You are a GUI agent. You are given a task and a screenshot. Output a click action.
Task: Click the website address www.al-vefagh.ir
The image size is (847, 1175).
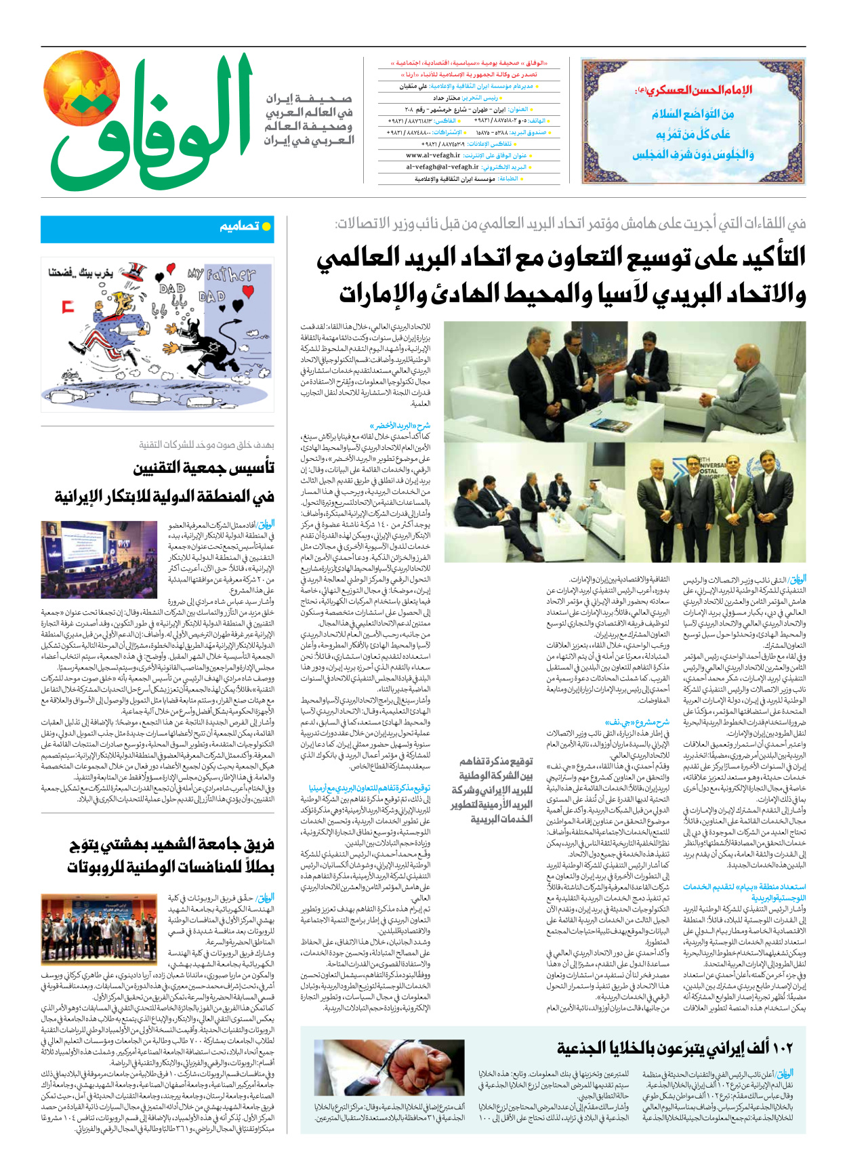tap(433, 155)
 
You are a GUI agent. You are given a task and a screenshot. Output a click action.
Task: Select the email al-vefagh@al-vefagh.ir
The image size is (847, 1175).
tap(442, 167)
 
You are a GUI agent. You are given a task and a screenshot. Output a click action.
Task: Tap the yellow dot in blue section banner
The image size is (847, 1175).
tap(266, 226)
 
